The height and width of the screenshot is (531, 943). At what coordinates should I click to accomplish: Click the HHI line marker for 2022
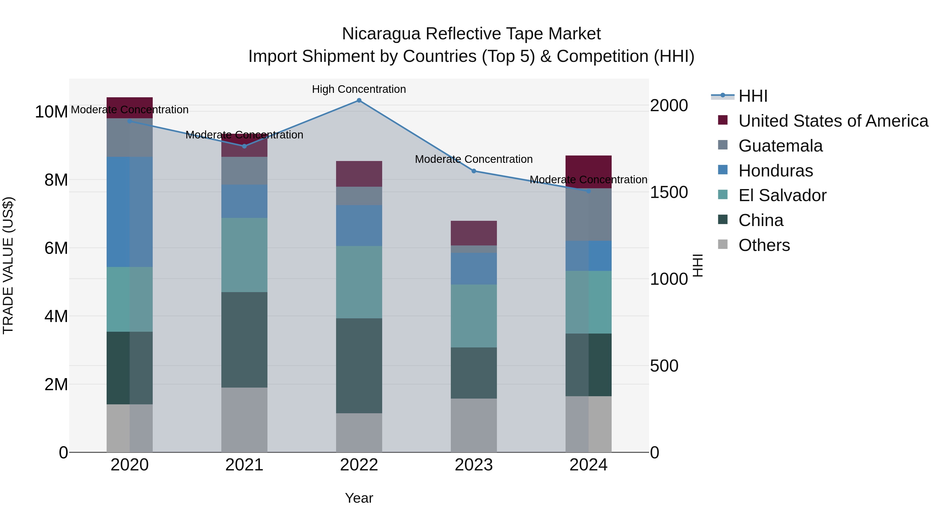(x=359, y=100)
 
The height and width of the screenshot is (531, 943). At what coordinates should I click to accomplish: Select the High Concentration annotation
(x=359, y=89)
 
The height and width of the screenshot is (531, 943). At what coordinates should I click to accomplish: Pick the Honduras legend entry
(x=775, y=171)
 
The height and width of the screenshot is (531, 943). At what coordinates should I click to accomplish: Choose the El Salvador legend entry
(x=782, y=195)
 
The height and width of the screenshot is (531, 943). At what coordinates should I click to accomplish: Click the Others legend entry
(x=764, y=245)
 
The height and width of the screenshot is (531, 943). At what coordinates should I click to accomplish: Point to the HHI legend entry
(x=753, y=96)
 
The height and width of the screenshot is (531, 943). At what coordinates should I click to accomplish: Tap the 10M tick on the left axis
(x=51, y=112)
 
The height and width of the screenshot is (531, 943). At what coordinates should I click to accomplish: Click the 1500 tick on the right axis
(x=669, y=192)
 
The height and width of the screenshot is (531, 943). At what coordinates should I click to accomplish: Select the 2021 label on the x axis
(x=244, y=465)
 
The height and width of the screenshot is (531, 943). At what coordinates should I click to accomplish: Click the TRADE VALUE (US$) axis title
(x=8, y=265)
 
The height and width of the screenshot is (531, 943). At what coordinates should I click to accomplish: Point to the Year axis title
(x=359, y=498)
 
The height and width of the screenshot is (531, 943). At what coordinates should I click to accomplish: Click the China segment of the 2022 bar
(x=359, y=366)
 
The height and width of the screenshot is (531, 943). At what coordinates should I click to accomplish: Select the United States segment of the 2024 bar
(x=588, y=171)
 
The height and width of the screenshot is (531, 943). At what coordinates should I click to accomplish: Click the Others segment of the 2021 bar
(x=244, y=420)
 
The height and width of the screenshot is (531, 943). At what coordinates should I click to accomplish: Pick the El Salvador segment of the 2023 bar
(x=474, y=316)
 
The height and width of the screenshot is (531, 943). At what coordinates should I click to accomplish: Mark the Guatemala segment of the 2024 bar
(x=588, y=214)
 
